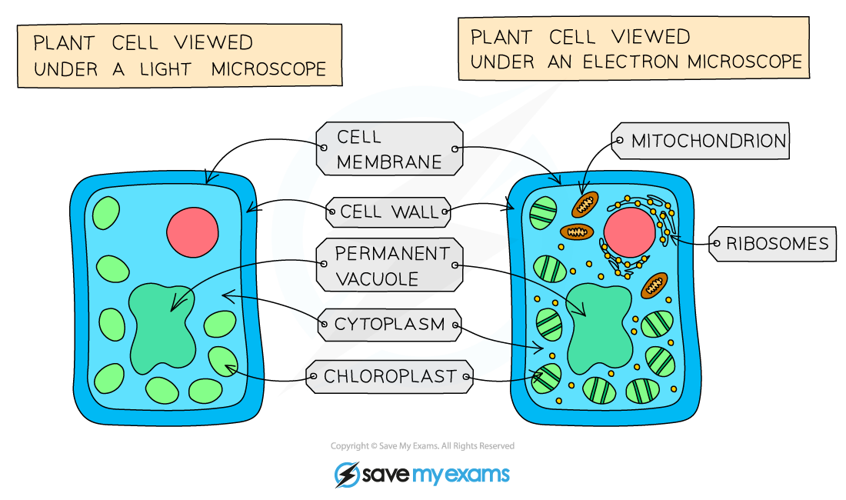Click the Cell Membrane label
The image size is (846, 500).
pyautogui.click(x=388, y=149)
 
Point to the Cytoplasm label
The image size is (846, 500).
pyautogui.click(x=389, y=325)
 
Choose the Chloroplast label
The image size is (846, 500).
pyautogui.click(x=389, y=377)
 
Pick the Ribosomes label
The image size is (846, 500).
pyautogui.click(x=777, y=244)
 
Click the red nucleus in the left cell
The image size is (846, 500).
pyautogui.click(x=192, y=232)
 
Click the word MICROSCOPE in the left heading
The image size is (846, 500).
pyautogui.click(x=268, y=68)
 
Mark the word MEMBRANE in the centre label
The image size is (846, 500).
pyautogui.click(x=389, y=162)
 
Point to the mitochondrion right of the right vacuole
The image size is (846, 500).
pyautogui.click(x=654, y=285)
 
